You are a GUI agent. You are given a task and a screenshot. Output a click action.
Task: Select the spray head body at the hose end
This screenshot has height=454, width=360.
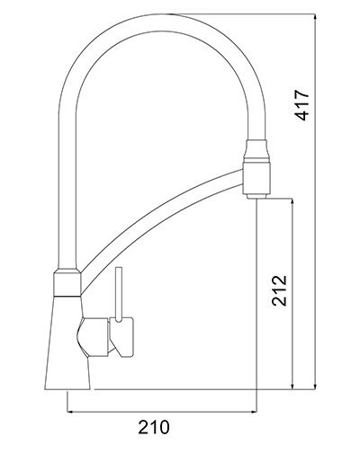point(256,171)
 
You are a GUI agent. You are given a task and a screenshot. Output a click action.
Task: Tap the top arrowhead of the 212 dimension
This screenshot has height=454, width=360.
point(292,203)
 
